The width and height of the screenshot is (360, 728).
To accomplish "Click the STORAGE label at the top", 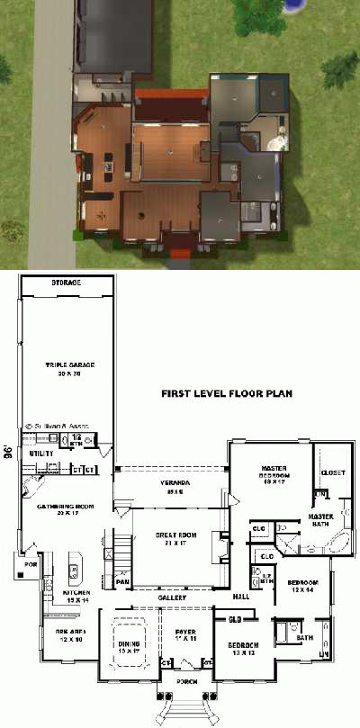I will coord(66,283).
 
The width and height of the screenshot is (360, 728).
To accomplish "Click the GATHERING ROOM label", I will coord(60,508).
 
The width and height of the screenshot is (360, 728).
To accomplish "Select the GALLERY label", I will coord(171,598).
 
